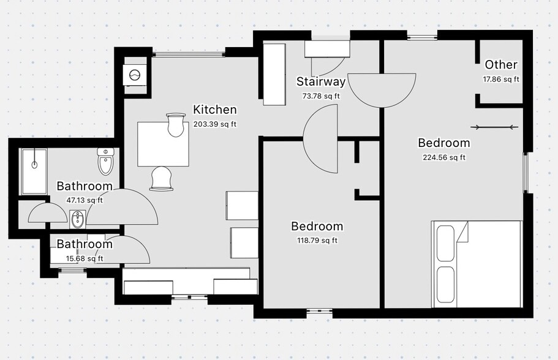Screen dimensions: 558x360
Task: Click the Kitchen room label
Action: pos(214,110)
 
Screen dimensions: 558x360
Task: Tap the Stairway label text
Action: pos(321,81)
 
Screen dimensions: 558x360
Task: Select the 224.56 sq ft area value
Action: pos(444,157)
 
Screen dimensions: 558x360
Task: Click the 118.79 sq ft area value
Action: pos(317,241)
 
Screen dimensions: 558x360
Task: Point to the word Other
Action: pos(501,65)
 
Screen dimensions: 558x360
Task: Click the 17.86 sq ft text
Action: pos(501,80)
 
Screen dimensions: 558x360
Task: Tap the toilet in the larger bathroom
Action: pos(106,162)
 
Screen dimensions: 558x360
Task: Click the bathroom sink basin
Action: pos(77,219)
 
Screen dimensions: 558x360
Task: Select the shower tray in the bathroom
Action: pos(34,171)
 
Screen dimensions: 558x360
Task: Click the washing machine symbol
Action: pos(135,75)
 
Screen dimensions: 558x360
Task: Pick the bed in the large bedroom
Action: pos(477,264)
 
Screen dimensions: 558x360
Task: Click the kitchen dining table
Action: pos(163,144)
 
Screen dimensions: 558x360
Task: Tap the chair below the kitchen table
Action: pos(162,179)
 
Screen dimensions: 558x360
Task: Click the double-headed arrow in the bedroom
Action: pos(494,127)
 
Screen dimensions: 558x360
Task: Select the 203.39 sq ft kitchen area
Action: pos(215,124)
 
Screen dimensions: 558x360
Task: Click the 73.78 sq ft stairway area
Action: pos(321,96)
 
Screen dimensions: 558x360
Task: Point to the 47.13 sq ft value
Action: pos(85,200)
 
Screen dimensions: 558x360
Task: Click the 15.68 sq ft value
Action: pos(85,258)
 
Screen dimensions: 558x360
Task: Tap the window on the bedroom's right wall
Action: pos(526,173)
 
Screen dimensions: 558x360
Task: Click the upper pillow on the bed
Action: pos(445,243)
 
